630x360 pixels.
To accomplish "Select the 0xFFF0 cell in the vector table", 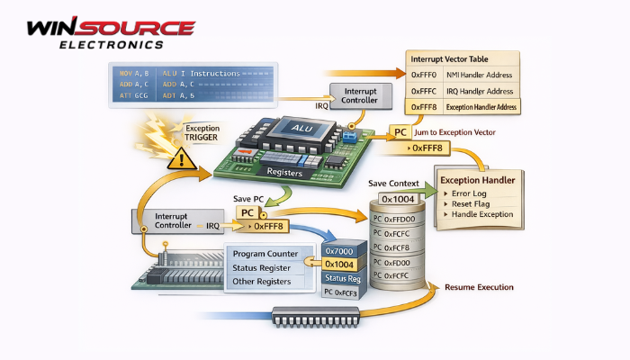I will [x=423, y=76].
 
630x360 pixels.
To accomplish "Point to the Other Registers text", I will [x=263, y=282].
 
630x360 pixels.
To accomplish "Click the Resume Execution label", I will [x=480, y=287].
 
